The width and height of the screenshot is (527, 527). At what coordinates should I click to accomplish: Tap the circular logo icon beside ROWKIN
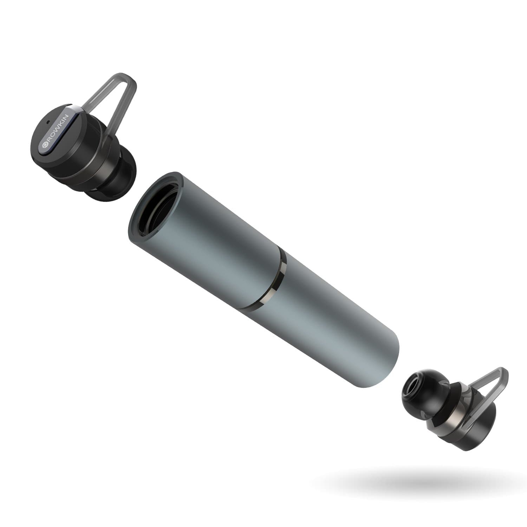(45, 145)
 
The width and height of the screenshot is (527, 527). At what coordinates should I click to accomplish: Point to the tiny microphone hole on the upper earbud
(48, 124)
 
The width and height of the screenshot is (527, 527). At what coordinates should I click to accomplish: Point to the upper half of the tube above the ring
(211, 228)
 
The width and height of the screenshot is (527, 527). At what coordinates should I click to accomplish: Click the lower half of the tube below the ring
(334, 323)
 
